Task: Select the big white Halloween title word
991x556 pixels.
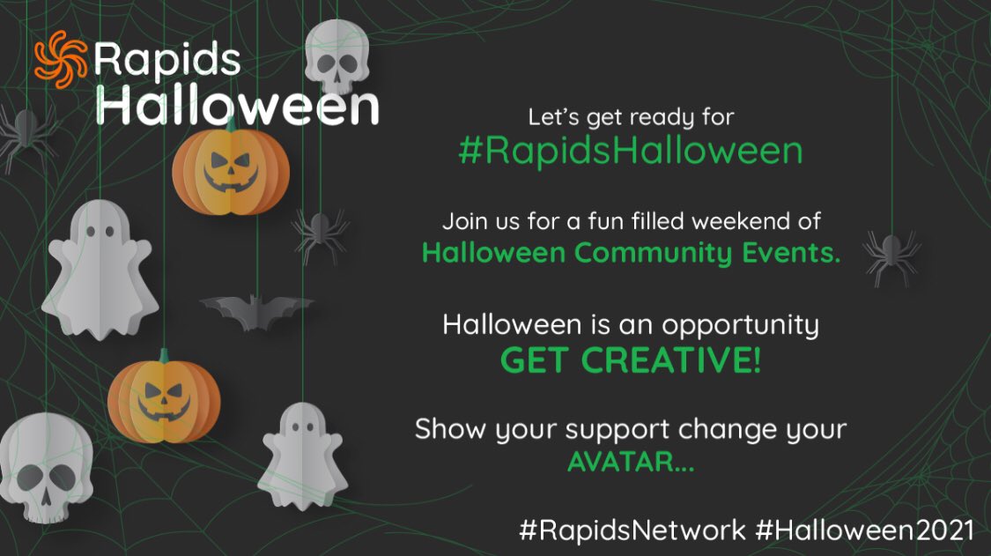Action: point(238,105)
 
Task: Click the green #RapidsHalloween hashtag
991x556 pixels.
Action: point(630,151)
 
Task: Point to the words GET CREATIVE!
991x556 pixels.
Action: point(630,361)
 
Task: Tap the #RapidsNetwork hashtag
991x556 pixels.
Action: point(632,531)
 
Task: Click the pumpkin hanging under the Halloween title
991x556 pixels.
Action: point(231,169)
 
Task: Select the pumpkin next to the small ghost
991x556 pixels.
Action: point(165,399)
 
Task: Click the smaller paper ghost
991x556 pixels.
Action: point(302,456)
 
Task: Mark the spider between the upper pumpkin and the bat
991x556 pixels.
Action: point(320,233)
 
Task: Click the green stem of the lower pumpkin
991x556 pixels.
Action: point(164,357)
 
